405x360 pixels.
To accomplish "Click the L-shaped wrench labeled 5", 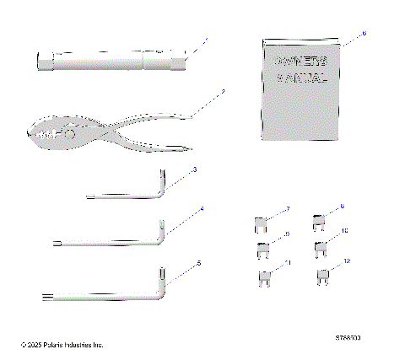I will (101, 294).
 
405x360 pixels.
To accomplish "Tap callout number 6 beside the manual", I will (364, 34).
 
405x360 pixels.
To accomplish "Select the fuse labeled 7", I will (260, 224).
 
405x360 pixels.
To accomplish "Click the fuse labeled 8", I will (320, 223).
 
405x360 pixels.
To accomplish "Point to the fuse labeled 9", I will (261, 249).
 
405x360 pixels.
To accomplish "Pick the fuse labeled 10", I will (321, 248).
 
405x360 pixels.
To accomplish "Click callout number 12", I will (347, 261).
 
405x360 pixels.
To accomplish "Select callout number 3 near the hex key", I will (195, 169).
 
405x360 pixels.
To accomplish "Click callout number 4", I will (202, 208).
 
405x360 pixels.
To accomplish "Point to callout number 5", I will (199, 262).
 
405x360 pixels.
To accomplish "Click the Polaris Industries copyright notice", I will (62, 345).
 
